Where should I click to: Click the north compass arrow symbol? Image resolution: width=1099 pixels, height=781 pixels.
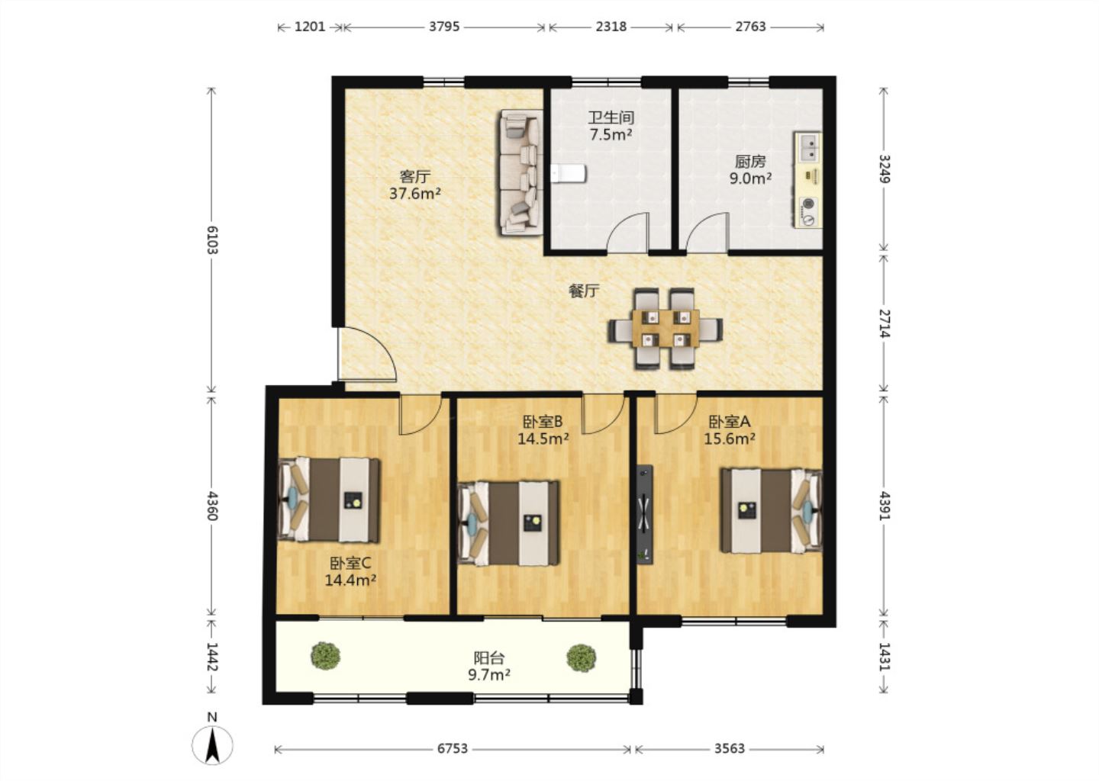point(212,745)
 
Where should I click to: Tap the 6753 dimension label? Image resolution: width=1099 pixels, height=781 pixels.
point(453,749)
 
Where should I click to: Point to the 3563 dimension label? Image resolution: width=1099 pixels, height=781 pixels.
point(730,749)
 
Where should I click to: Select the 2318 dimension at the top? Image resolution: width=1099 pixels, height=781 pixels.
point(611,27)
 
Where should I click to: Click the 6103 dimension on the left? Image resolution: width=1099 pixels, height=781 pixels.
point(212,239)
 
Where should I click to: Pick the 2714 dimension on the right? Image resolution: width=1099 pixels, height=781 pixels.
point(884,323)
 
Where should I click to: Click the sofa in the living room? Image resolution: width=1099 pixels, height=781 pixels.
point(521,172)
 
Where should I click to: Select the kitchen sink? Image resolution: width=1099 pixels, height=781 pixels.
point(807,147)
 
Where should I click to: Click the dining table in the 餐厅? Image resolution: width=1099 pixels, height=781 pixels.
point(666,329)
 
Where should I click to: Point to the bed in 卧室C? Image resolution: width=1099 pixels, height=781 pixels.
point(329,500)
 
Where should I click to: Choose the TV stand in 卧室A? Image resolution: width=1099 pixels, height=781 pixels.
point(645,514)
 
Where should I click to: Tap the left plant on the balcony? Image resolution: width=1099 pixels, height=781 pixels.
point(326,655)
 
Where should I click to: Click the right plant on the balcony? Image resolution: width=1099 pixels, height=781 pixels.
point(582,657)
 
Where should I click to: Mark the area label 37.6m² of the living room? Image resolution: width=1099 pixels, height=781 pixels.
point(415,194)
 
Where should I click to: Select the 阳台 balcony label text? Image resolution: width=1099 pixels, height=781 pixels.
point(489,657)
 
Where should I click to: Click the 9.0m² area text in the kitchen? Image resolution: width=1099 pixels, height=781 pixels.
point(750,178)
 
